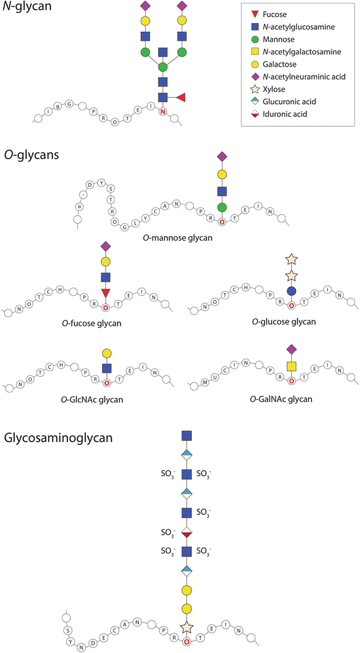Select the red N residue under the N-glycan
[163, 111]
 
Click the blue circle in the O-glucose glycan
[291, 290]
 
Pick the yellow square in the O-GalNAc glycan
[291, 367]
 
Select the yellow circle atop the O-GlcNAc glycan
[107, 352]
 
